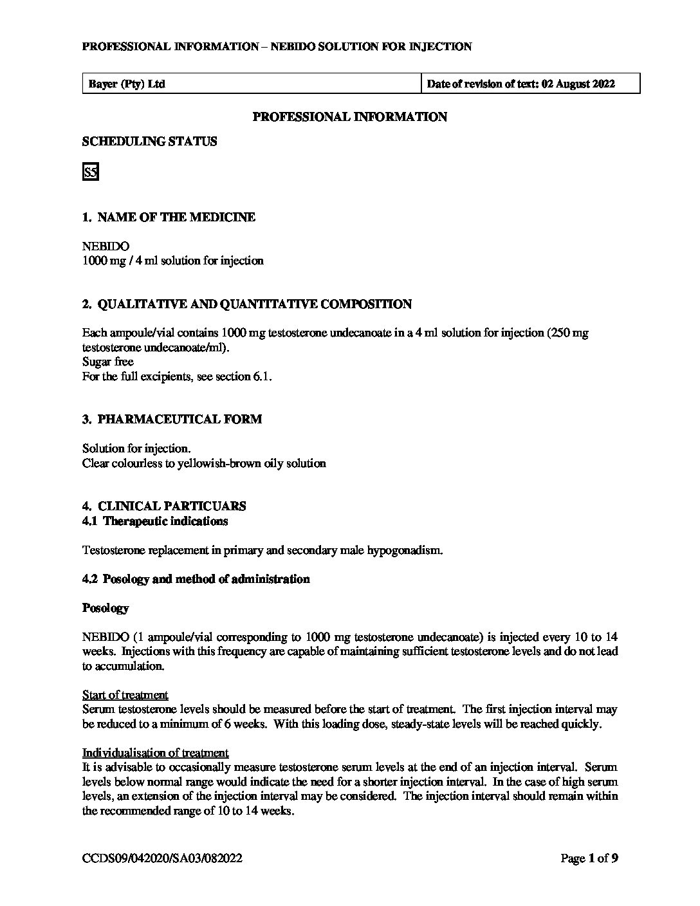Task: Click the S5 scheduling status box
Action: click(90, 172)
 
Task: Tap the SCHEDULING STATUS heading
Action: click(149, 142)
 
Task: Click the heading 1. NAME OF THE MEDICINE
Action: click(169, 217)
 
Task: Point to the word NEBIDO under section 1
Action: click(106, 246)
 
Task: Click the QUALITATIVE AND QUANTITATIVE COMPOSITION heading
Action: click(247, 304)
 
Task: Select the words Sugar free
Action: click(107, 362)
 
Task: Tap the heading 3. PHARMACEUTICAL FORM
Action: click(172, 420)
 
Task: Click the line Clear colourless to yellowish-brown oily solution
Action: click(204, 463)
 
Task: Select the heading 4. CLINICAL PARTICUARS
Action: click(164, 506)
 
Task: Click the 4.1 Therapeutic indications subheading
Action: click(155, 521)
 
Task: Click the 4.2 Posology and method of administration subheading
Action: click(196, 579)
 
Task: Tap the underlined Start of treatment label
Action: click(125, 695)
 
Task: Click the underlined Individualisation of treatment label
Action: click(155, 753)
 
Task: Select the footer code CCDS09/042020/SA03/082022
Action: click(162, 858)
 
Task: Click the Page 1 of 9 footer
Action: click(589, 858)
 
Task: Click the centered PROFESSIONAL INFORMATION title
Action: click(349, 117)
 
